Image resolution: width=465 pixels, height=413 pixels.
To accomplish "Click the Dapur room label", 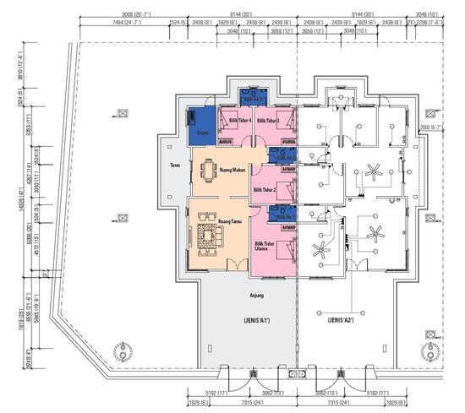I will pos(203,133).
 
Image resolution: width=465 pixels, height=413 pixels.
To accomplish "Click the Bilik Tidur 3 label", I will pos(268,121).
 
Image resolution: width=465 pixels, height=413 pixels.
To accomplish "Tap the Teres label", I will pos(176,166).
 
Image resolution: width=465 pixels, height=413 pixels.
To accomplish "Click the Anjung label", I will pos(258,295).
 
